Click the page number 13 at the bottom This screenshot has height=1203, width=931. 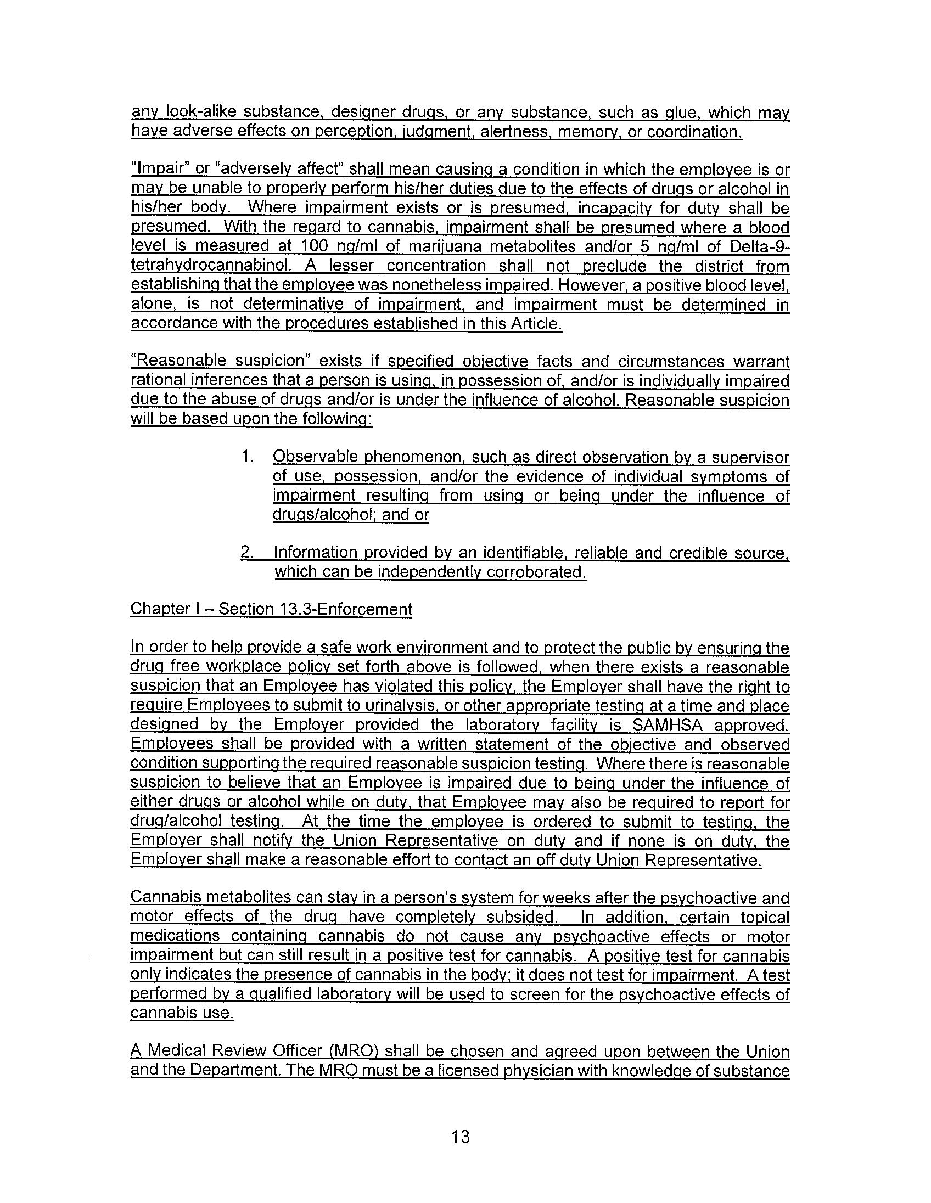(x=460, y=1137)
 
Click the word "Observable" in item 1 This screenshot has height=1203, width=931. (x=311, y=457)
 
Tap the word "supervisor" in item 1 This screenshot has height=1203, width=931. (x=749, y=457)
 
